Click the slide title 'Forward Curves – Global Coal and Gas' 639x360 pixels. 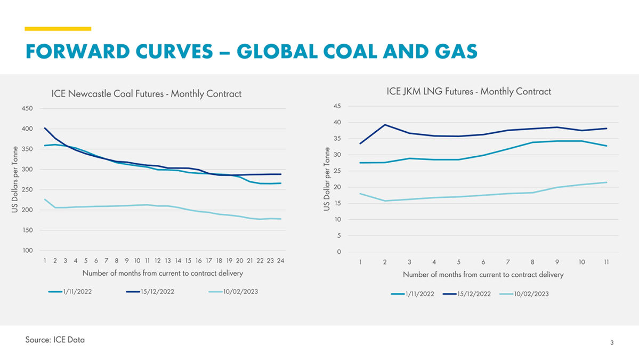pyautogui.click(x=251, y=51)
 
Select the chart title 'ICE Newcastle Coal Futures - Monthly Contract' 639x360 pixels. pyautogui.click(x=146, y=94)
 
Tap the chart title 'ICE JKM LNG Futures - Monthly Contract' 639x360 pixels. pyautogui.click(x=468, y=91)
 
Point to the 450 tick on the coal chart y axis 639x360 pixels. pyautogui.click(x=27, y=109)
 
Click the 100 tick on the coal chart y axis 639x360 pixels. pyautogui.click(x=27, y=251)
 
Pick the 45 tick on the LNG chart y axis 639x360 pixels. pyautogui.click(x=337, y=106)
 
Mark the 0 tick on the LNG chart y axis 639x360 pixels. pyautogui.click(x=339, y=252)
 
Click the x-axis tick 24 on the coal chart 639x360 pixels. pyautogui.click(x=280, y=261)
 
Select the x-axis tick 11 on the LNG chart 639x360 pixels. pyautogui.click(x=606, y=262)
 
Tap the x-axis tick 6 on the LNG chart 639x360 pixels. pyautogui.click(x=483, y=262)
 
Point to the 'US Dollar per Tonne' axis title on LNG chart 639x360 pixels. pyautogui.click(x=326, y=179)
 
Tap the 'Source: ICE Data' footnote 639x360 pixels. pyautogui.click(x=55, y=340)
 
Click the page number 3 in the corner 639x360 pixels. pyautogui.click(x=612, y=343)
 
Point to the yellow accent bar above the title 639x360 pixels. pyautogui.click(x=58, y=29)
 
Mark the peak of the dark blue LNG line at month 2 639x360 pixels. pyautogui.click(x=385, y=125)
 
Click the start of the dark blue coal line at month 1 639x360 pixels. pyautogui.click(x=45, y=128)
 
